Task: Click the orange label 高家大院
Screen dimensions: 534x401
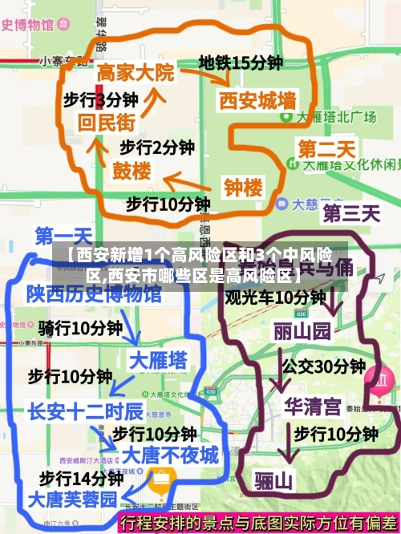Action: [135, 73]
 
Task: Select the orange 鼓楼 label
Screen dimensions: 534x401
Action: [131, 171]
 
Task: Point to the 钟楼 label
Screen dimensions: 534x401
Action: [243, 188]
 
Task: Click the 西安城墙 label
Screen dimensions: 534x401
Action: [257, 101]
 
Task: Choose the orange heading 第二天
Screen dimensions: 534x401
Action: [326, 149]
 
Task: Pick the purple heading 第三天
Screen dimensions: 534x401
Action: [350, 213]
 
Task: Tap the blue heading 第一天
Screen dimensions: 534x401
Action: [63, 236]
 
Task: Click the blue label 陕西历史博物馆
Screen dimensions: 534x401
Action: [93, 294]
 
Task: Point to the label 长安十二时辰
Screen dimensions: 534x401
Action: [85, 411]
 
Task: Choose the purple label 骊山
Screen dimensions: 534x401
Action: [274, 481]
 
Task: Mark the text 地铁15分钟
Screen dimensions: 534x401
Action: [241, 63]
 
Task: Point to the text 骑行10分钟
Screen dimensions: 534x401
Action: [80, 328]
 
